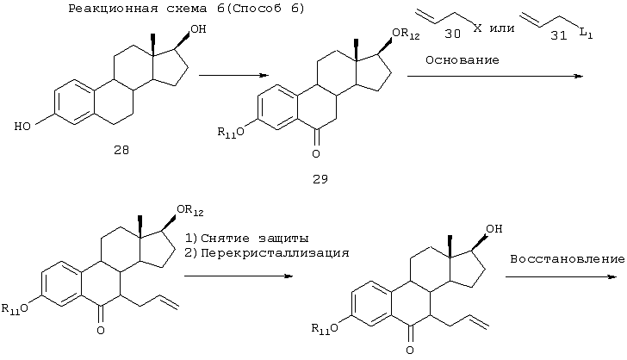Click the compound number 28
121,150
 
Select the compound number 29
320,180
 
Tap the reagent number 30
453,34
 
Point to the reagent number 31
559,35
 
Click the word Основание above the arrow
462,60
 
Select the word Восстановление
567,259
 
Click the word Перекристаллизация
275,253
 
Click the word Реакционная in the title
113,9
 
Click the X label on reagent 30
477,28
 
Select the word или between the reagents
502,28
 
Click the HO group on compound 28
22,127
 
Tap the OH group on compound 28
198,28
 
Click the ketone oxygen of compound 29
316,154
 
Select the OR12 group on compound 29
406,34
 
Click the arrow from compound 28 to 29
234,75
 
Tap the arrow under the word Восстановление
561,276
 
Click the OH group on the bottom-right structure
494,228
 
